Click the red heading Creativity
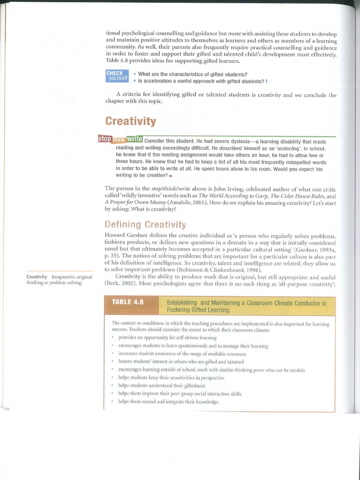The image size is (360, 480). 130,121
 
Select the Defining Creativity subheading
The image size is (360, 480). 145,225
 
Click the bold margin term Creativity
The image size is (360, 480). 37,277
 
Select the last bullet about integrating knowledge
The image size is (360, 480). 169,402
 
